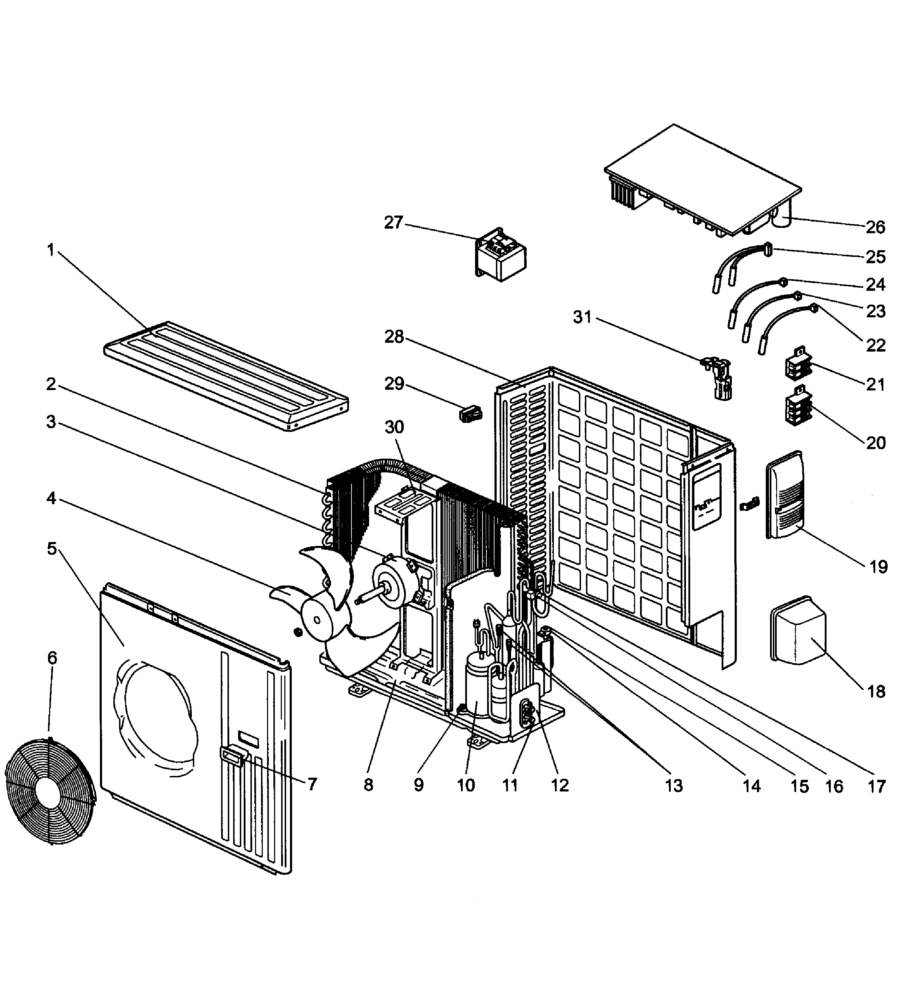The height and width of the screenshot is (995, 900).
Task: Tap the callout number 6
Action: (52, 658)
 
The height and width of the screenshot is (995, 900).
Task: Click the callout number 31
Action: (582, 317)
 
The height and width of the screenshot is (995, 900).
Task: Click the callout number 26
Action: (875, 227)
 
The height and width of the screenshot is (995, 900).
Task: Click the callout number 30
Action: (394, 427)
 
